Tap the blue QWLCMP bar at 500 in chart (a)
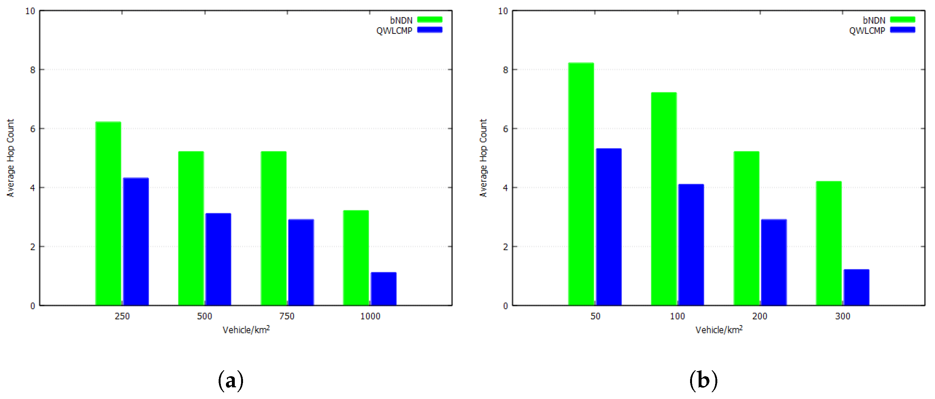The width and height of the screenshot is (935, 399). (218, 259)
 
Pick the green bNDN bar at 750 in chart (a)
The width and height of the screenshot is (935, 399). (274, 228)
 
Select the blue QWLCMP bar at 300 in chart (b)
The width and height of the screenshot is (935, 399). (856, 287)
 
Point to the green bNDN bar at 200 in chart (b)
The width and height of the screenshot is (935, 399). (746, 228)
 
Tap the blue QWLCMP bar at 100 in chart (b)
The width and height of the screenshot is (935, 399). (691, 244)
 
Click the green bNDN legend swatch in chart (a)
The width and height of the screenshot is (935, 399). (429, 20)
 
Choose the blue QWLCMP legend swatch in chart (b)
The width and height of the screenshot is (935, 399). (902, 30)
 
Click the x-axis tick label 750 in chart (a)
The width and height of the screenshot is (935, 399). (287, 316)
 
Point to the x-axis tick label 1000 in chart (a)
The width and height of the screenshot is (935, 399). (370, 316)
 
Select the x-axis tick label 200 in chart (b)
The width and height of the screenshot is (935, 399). (760, 316)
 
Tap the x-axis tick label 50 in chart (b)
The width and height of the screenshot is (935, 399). (595, 316)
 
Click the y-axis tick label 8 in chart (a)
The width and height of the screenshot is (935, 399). (33, 70)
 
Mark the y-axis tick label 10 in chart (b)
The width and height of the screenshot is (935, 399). (503, 11)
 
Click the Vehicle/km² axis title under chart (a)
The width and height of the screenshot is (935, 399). (246, 330)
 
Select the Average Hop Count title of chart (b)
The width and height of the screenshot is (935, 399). (483, 158)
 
